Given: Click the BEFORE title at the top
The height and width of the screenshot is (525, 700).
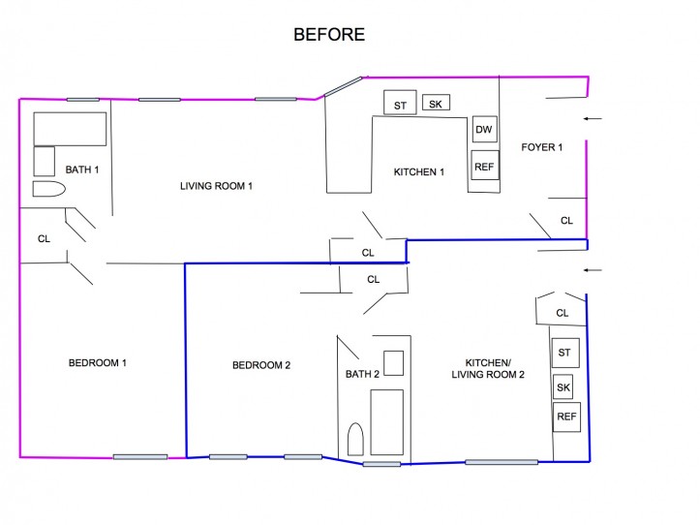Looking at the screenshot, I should coord(329,35).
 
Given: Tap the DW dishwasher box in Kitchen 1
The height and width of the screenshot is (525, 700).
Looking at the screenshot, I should coord(483,130).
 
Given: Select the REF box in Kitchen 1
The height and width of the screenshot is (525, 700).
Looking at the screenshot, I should coord(484,166).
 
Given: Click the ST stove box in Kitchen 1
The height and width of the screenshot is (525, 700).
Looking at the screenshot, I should coord(399,104).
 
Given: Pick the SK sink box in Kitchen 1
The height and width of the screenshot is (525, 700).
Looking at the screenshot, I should coord(436,102).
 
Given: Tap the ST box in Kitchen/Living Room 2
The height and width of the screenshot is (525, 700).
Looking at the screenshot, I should coord(564,351).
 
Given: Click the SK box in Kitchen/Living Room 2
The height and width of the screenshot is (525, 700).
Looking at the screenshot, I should coord(564,387).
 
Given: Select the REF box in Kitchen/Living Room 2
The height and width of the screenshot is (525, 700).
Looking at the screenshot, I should coord(566,417).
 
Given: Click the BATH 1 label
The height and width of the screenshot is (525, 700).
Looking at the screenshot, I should coord(82,170).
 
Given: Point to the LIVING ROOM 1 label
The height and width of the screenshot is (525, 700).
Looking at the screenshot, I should coord(216,185).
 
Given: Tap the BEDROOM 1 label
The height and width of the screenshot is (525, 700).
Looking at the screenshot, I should coord(98,363).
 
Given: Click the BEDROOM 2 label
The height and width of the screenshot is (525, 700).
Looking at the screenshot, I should coord(261,365).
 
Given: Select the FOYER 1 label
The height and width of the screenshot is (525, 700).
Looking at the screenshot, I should coord(541,147).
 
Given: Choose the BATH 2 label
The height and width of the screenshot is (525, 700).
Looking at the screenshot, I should coord(362,372).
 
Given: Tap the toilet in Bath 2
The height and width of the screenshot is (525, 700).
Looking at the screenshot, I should coord(355,440).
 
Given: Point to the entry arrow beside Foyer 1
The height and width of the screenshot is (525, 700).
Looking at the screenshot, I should coord(593,118).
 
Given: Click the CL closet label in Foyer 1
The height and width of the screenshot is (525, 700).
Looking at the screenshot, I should coord(566,221).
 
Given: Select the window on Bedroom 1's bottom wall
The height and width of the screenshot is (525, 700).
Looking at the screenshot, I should coord(140,456).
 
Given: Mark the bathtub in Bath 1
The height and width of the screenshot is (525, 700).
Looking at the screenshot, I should coord(71,128).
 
